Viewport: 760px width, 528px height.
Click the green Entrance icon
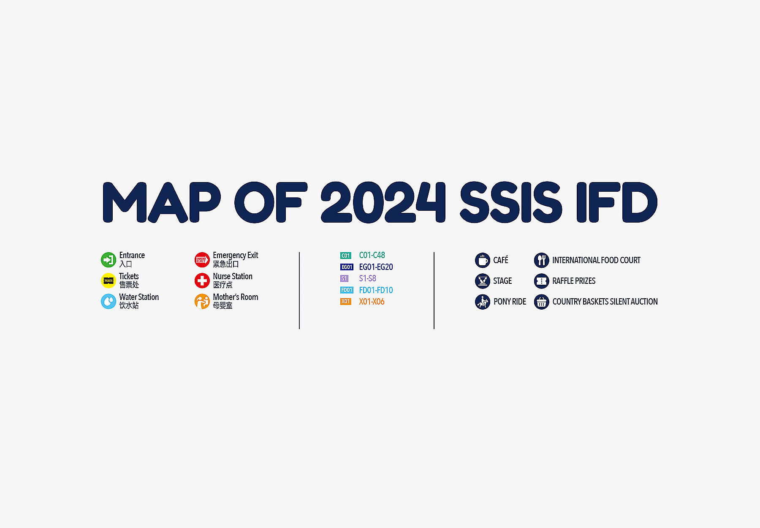click(109, 260)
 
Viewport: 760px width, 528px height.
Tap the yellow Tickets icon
click(109, 280)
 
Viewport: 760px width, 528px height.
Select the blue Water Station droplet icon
click(109, 301)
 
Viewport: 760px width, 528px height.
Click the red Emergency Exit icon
click(202, 260)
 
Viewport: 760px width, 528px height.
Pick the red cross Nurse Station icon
click(202, 280)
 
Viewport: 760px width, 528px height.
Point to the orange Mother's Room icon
click(202, 301)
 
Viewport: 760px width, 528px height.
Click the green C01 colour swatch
click(346, 256)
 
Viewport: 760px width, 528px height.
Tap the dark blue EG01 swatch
click(347, 267)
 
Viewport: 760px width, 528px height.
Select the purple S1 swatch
click(345, 278)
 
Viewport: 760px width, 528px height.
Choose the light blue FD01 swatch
click(347, 290)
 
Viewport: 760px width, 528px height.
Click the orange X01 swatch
click(346, 302)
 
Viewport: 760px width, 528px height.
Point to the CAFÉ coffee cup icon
click(483, 260)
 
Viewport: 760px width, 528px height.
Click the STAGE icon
click(483, 281)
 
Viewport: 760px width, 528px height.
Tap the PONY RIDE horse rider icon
click(483, 302)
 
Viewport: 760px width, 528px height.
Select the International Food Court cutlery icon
click(541, 260)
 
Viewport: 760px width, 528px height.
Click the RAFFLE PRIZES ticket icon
click(541, 281)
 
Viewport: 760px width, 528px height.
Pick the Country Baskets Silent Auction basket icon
click(541, 302)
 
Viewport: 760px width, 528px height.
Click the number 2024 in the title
click(383, 202)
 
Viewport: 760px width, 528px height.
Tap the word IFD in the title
click(617, 202)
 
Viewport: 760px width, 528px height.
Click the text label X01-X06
click(372, 302)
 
